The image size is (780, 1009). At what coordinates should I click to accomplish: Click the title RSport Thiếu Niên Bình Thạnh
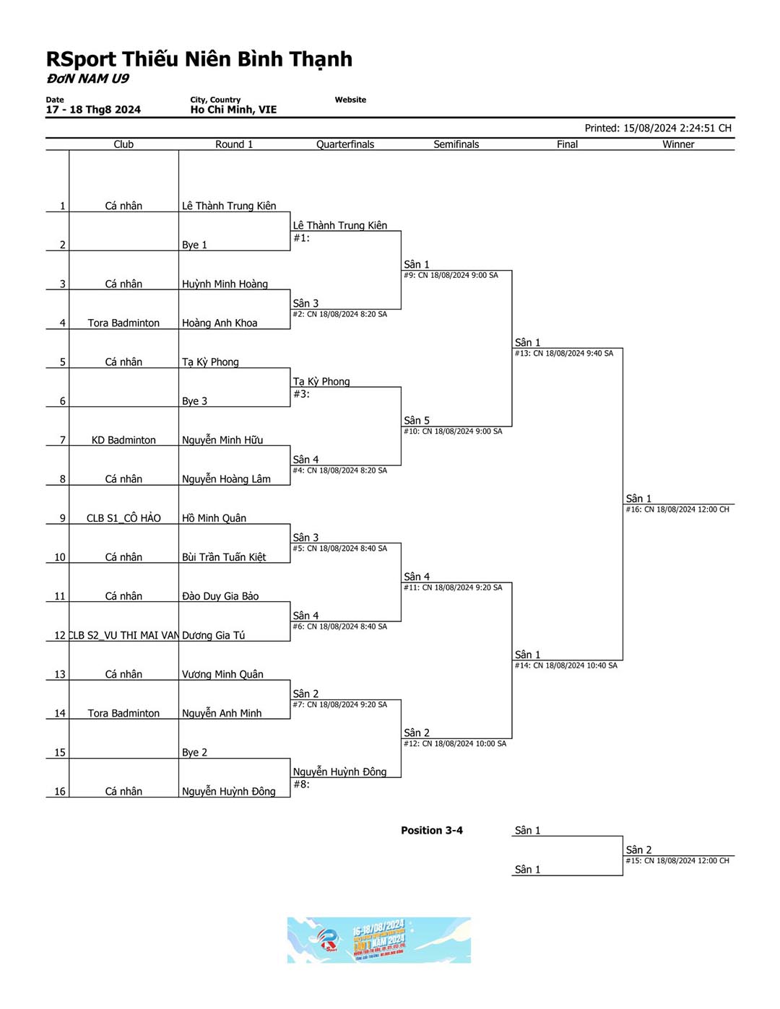click(x=199, y=59)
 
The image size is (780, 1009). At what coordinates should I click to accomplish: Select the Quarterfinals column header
click(x=345, y=144)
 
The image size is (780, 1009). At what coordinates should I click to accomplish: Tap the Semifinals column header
click(x=456, y=144)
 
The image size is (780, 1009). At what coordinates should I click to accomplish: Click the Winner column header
click(x=678, y=144)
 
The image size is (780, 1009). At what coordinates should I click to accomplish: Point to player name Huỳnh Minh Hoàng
click(x=225, y=284)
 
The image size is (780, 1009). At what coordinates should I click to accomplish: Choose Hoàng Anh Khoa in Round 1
click(x=220, y=323)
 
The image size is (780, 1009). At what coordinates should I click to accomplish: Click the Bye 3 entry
click(x=194, y=401)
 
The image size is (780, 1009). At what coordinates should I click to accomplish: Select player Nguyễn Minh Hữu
click(x=222, y=440)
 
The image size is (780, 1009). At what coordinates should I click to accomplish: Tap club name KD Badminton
click(x=123, y=440)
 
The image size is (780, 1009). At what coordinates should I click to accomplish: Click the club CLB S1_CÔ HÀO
click(x=123, y=518)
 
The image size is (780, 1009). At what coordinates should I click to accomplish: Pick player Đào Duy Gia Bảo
click(x=220, y=596)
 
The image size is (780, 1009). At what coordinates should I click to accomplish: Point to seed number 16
click(x=60, y=792)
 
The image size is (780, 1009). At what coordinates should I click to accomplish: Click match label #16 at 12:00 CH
click(x=677, y=510)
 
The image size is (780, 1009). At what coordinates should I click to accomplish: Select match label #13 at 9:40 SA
click(x=564, y=354)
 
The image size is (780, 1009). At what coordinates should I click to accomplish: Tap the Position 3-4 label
click(x=432, y=831)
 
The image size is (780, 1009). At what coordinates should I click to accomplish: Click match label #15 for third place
click(x=677, y=861)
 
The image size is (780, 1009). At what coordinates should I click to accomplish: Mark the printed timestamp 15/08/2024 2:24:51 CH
click(x=658, y=128)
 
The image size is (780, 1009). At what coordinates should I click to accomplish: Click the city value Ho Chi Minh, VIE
click(x=233, y=110)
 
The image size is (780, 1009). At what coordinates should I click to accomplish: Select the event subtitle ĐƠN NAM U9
click(x=87, y=79)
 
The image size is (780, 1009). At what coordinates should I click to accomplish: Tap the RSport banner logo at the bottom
click(x=378, y=940)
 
